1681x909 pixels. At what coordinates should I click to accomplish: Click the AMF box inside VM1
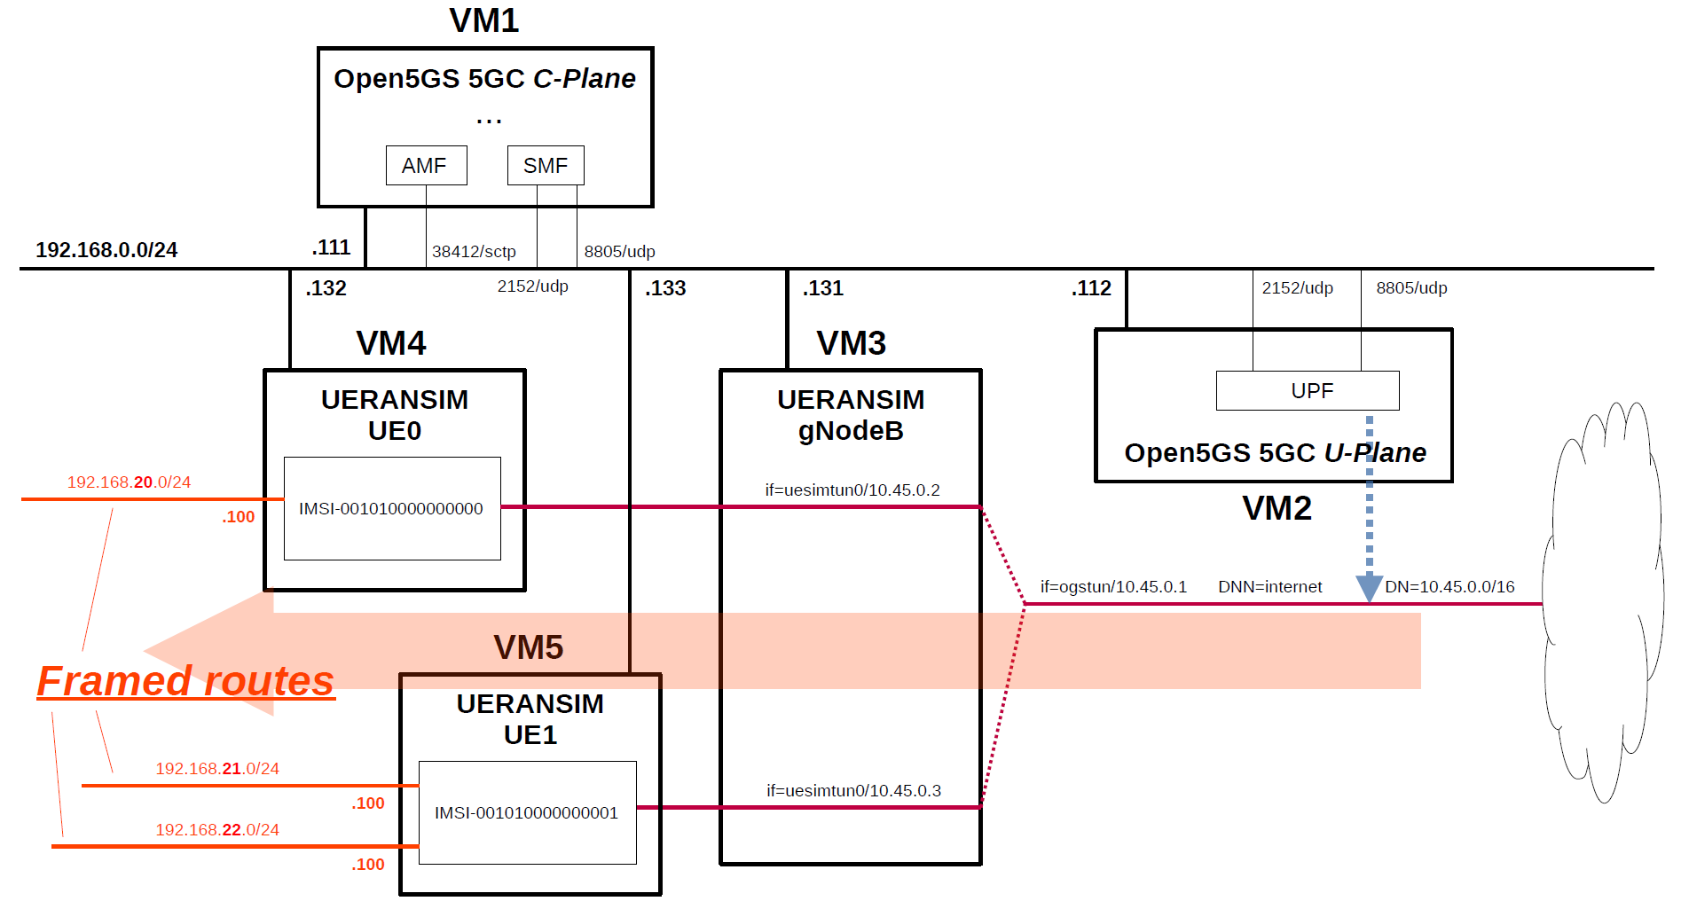click(426, 166)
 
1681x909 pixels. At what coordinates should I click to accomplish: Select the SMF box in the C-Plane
click(545, 166)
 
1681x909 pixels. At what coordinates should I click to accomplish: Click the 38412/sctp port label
click(474, 252)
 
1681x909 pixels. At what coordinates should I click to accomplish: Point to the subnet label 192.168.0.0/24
click(106, 250)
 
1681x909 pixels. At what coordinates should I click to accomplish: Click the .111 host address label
click(332, 247)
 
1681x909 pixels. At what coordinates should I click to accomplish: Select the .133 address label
click(665, 288)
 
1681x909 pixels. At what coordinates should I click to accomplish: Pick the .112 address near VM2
click(1091, 288)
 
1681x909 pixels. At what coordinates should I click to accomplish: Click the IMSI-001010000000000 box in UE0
click(391, 508)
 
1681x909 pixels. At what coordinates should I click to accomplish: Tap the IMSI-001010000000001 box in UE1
click(527, 812)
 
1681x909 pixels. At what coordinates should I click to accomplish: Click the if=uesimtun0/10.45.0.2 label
click(852, 490)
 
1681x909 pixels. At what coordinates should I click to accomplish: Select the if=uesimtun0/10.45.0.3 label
click(853, 791)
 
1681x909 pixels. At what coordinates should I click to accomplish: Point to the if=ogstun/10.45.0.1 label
click(1113, 587)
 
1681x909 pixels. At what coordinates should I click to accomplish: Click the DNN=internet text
click(1269, 587)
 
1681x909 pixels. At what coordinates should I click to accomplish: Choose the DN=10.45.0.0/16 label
click(1449, 587)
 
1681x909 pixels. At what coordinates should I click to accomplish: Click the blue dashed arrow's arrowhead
click(1369, 587)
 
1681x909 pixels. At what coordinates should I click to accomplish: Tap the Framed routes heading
click(185, 681)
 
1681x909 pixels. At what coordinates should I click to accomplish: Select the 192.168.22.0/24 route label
click(217, 830)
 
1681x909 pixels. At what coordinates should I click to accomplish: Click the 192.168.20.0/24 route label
click(130, 482)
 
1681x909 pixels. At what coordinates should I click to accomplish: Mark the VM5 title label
click(529, 647)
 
